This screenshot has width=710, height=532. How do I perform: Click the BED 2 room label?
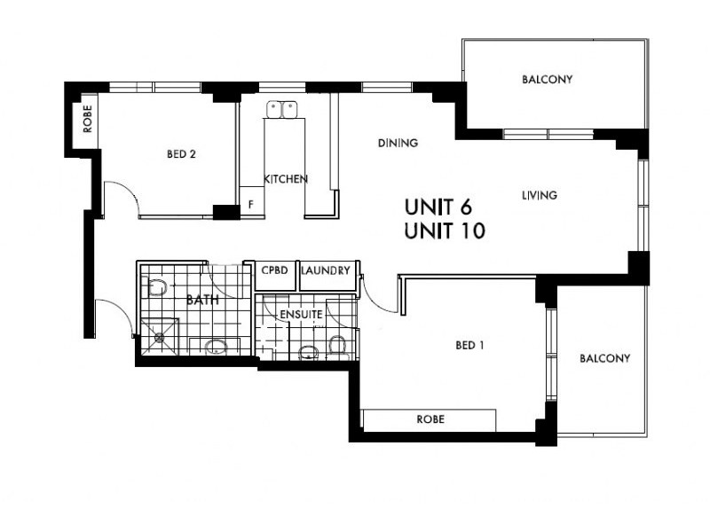(181, 154)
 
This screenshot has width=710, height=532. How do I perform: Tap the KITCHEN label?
(286, 179)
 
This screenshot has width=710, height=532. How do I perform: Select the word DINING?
(398, 143)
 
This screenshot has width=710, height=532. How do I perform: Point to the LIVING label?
(540, 195)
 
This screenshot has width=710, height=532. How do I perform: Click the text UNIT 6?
(438, 207)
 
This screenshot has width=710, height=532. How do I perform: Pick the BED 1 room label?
(469, 346)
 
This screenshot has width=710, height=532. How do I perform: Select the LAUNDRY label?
(326, 270)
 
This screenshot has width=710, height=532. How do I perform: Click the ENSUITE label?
(300, 315)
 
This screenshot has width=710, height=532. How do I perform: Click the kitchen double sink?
(282, 110)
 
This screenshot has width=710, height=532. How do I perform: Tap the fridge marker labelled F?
(251, 204)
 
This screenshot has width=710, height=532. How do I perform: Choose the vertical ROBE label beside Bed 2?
(87, 120)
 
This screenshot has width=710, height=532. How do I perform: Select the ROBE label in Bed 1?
(430, 419)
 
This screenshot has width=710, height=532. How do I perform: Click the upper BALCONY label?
(547, 80)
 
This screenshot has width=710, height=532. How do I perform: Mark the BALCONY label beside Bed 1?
(604, 359)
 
